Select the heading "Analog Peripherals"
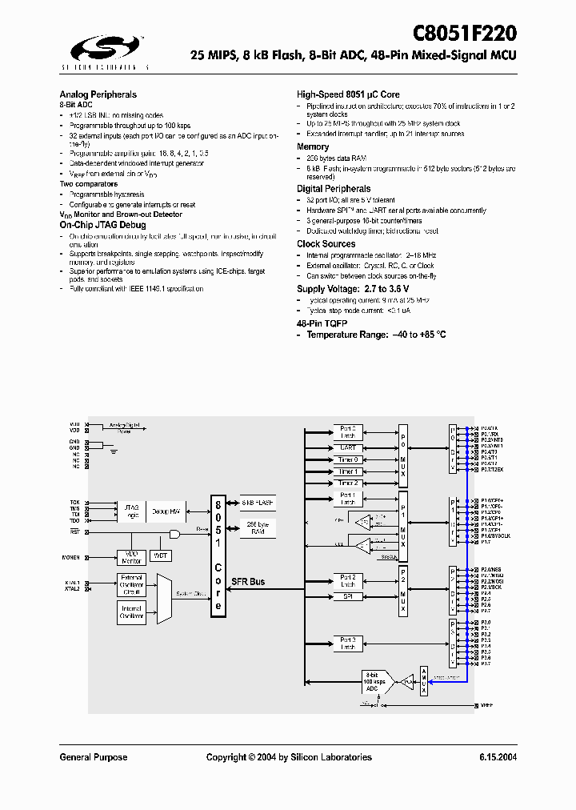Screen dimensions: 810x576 coord(98,94)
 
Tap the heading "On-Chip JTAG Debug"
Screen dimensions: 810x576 coord(102,226)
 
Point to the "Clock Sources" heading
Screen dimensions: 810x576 coord(326,244)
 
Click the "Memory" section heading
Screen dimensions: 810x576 coord(313,147)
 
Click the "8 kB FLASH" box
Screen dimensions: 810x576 coord(258,503)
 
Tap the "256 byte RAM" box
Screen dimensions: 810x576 coord(258,527)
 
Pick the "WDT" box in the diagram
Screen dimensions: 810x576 coord(161,555)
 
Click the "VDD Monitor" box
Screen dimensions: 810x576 coord(131,558)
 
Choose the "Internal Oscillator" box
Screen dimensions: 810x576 coord(131,614)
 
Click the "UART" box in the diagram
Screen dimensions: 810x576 coord(347,447)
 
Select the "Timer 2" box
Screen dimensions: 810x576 coord(347,483)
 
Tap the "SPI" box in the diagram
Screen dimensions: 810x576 coord(347,596)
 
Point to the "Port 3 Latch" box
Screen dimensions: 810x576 coord(347,644)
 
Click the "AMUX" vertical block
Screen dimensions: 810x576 coord(424,680)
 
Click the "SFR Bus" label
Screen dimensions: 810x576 coord(248,582)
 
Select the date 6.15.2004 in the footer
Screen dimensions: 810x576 coord(498,757)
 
